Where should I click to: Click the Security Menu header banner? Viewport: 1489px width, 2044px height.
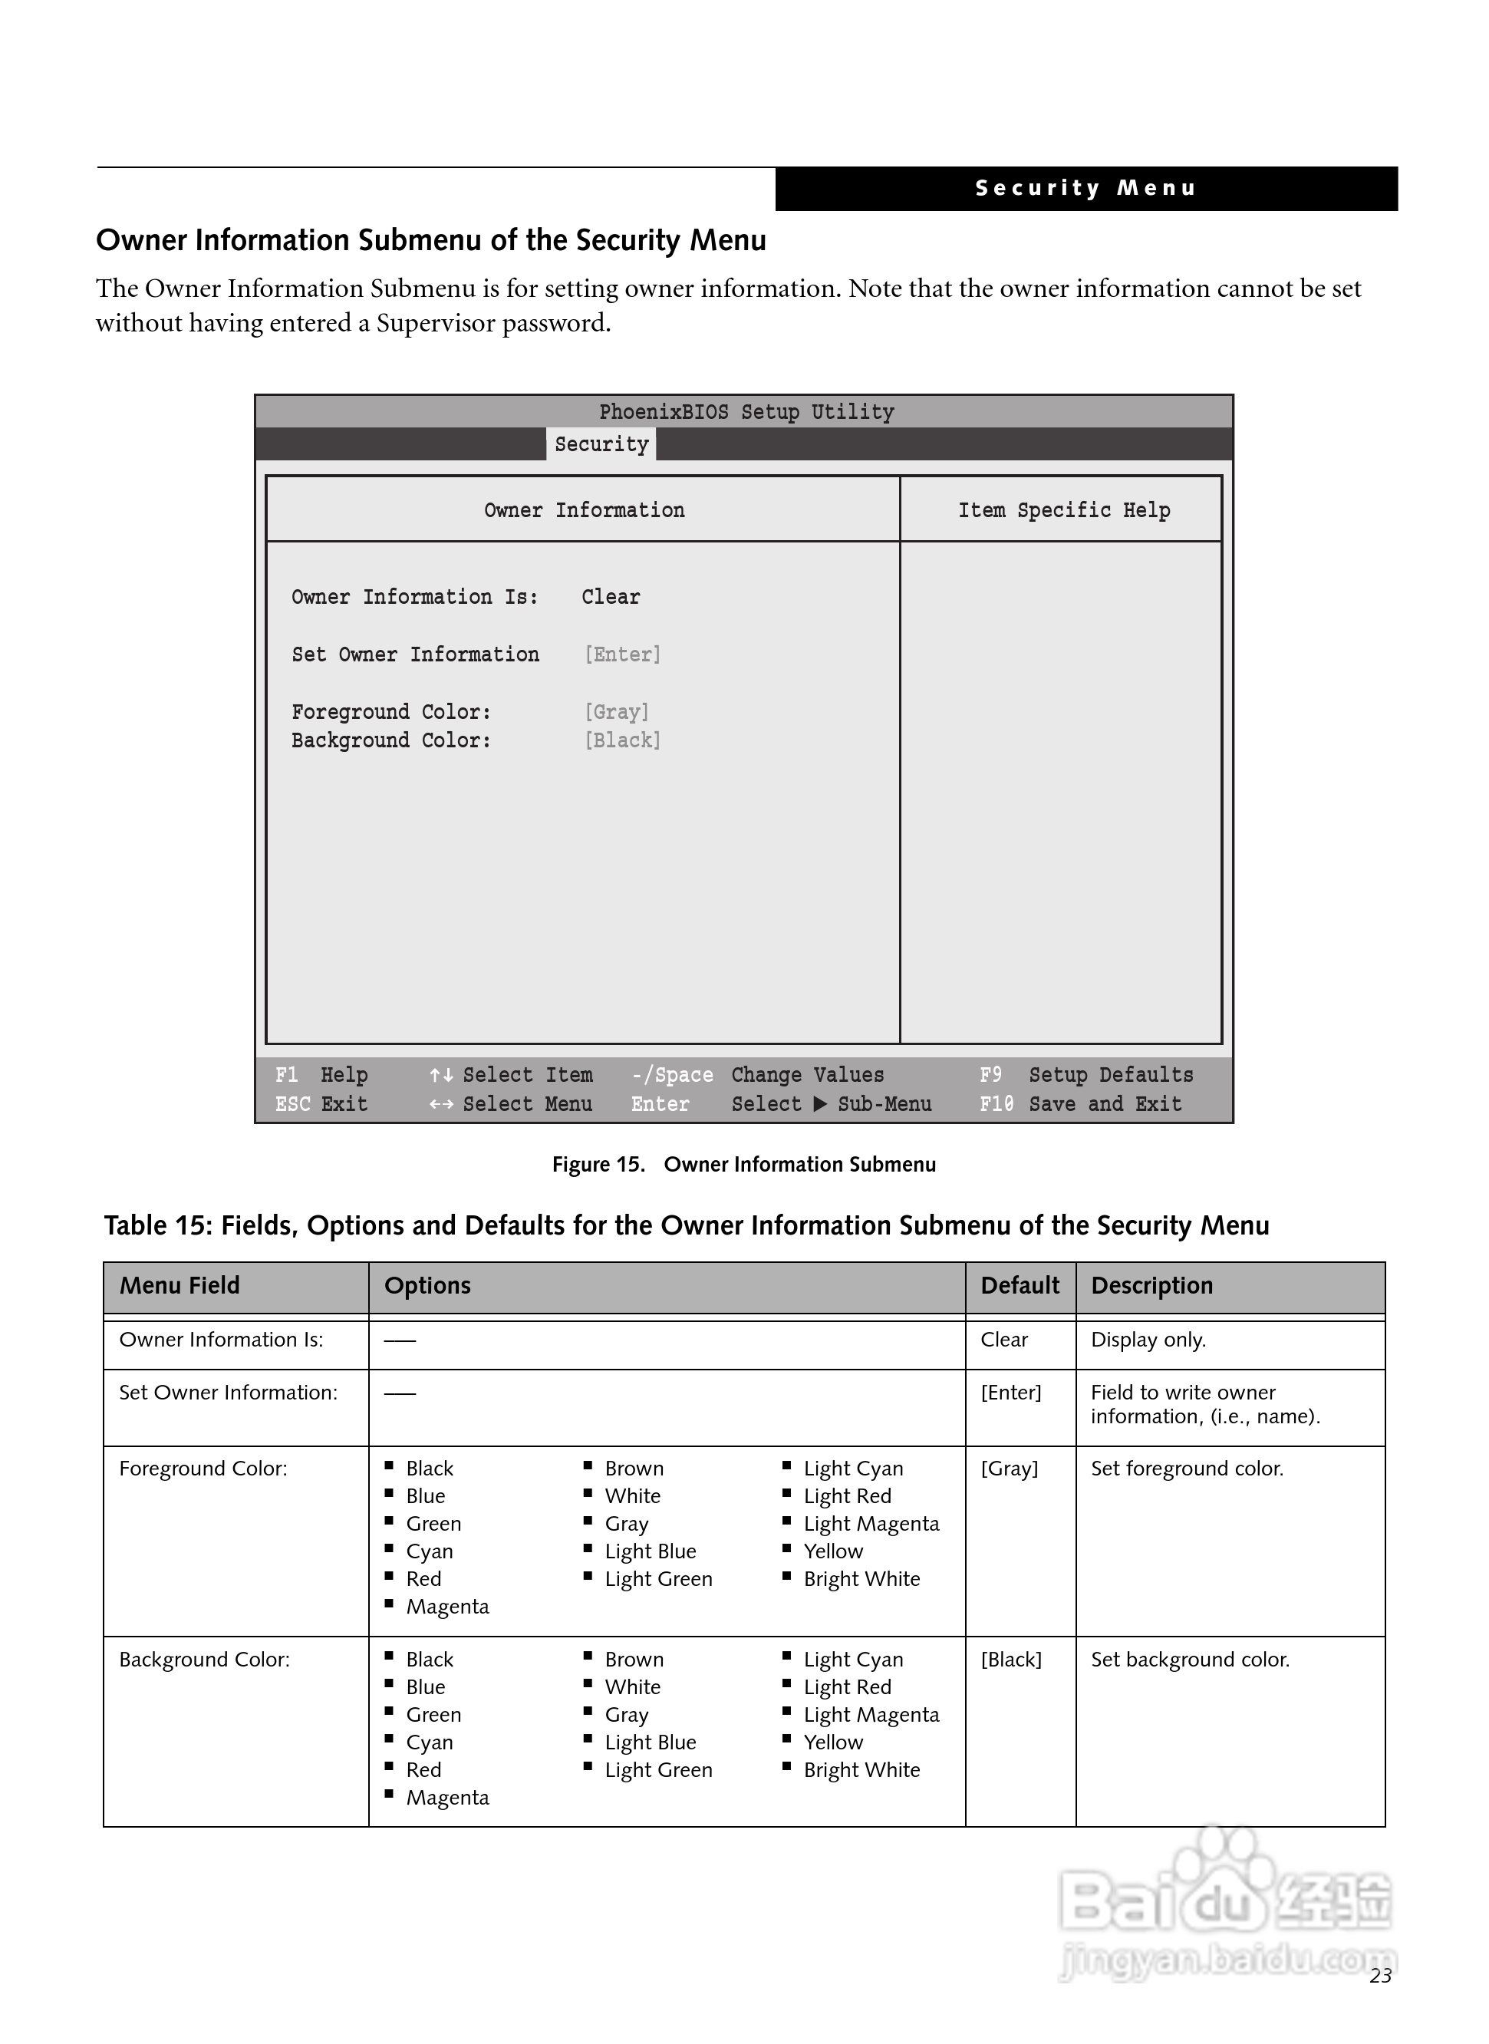[x=1085, y=188]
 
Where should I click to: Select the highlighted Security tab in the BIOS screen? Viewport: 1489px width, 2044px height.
[x=601, y=444]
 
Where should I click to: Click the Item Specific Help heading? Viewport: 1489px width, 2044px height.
[x=1063, y=510]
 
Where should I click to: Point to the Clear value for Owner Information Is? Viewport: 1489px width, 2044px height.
[x=610, y=597]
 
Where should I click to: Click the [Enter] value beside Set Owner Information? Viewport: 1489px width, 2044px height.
[x=622, y=654]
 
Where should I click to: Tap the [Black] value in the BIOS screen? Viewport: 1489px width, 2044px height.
[x=622, y=740]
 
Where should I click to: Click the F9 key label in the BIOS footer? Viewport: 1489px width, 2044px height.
[x=990, y=1074]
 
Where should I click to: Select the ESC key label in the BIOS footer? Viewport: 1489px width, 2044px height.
[x=292, y=1104]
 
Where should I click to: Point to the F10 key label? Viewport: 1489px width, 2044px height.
[x=996, y=1104]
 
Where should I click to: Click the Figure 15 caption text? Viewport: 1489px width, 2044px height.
[x=743, y=1165]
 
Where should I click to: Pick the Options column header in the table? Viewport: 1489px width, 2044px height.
[x=427, y=1285]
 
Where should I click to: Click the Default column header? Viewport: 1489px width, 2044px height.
[x=1020, y=1285]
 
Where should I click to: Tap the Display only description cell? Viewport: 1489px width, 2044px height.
[x=1148, y=1340]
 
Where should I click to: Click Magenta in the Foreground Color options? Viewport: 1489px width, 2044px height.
[x=447, y=1607]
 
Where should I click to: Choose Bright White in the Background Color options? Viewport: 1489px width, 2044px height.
[x=861, y=1770]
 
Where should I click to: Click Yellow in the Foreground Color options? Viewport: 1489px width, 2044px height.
[x=833, y=1551]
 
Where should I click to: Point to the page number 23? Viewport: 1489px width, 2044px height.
[x=1380, y=1976]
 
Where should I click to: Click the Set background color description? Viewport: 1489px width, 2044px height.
[x=1190, y=1660]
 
